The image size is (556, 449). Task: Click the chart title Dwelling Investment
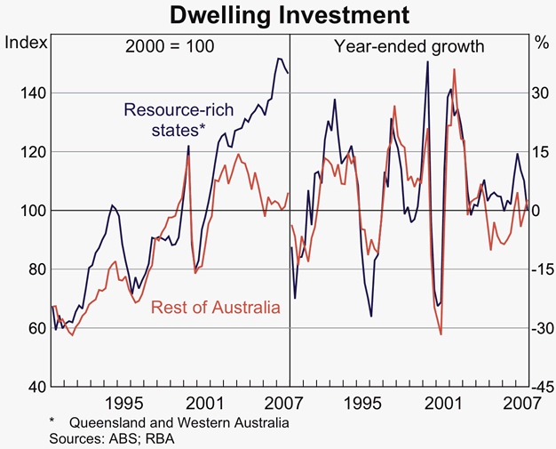[x=278, y=15]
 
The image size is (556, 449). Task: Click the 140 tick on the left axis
[x=23, y=93]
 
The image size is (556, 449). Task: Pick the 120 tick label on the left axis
[x=23, y=152]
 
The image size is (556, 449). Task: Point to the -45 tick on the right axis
[x=540, y=387]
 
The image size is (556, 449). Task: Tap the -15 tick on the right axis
[x=540, y=269]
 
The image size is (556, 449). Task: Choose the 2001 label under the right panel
[x=443, y=402]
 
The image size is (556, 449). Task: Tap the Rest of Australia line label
[x=216, y=308]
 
